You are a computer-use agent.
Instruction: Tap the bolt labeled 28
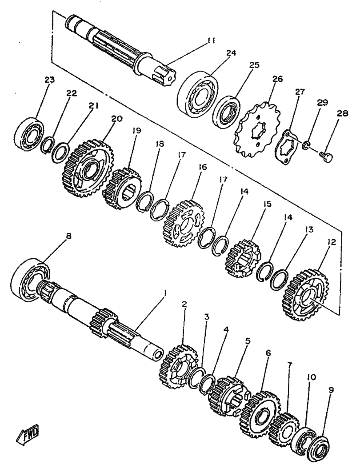[327, 155]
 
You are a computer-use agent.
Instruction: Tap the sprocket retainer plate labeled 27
[288, 147]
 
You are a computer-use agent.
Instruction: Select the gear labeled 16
[184, 224]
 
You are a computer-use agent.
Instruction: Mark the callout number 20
[117, 119]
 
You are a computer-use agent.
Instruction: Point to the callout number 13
[309, 230]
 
